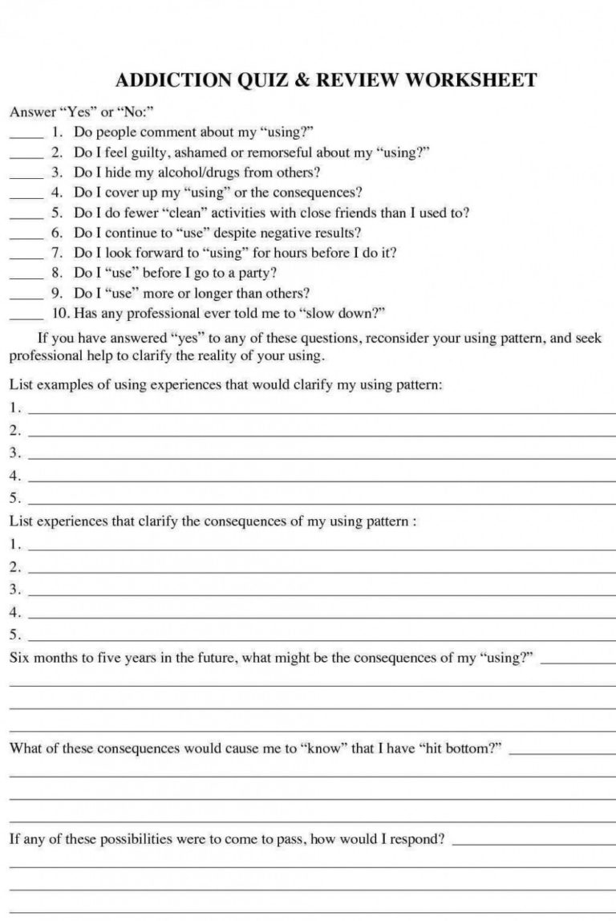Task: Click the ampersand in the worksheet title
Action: (301, 79)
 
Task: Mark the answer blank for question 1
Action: (26, 136)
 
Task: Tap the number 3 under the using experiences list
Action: (14, 452)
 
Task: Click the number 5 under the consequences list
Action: (14, 635)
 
